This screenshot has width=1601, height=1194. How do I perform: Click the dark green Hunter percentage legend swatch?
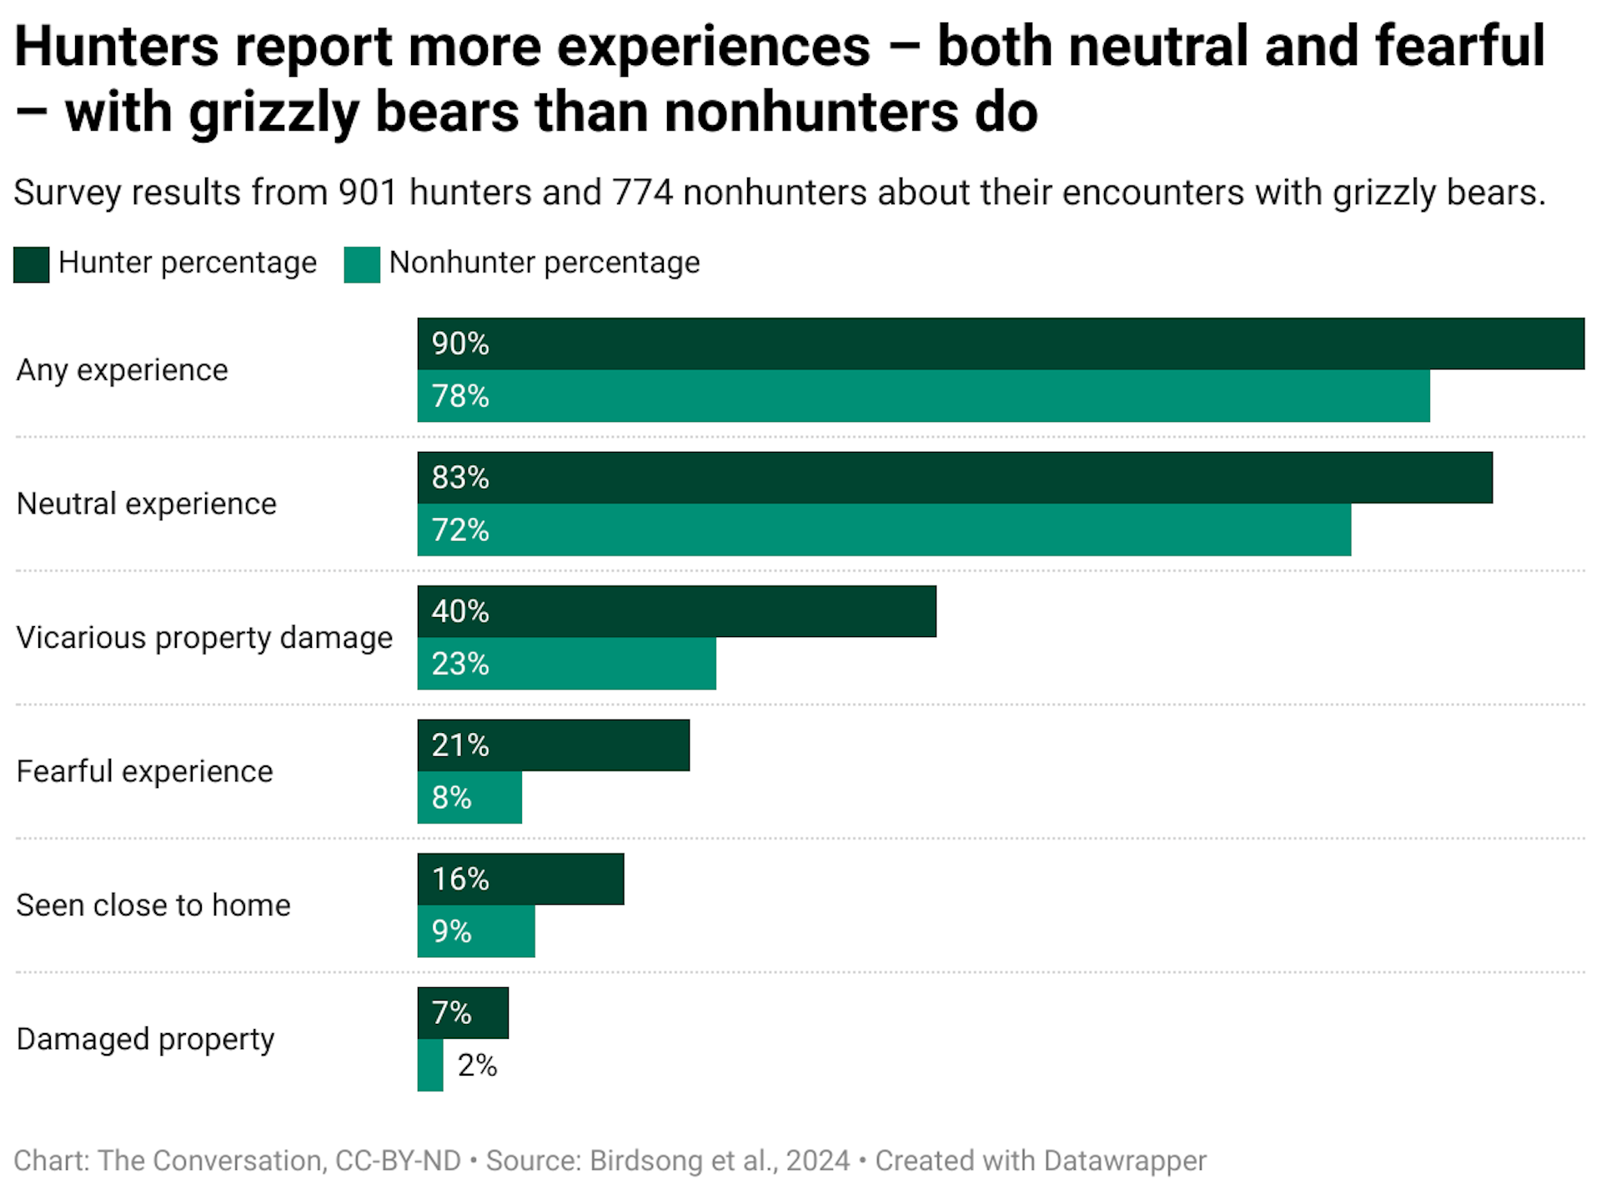32,264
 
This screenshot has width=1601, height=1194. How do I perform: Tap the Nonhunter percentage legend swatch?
362,264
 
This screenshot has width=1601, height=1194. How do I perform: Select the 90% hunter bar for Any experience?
1001,344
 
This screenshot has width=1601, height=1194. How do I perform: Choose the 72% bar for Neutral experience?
884,530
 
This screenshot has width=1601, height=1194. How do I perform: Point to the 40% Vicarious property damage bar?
676,611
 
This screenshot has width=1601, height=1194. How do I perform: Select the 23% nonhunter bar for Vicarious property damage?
566,664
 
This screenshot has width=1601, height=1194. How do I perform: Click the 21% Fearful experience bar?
553,745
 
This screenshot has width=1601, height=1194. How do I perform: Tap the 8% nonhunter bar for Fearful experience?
469,798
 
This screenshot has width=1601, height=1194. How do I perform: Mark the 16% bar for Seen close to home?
520,879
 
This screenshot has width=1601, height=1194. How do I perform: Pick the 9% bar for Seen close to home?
476,931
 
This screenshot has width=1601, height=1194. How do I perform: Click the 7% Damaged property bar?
463,1013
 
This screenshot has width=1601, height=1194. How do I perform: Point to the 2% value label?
477,1066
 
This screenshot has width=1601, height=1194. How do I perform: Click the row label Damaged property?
145,1040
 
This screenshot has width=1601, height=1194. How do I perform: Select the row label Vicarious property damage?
204,638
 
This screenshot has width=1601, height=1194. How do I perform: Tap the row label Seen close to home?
153,906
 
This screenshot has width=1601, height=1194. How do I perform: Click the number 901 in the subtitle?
367,193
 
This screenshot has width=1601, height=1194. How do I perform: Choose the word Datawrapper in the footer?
1124,1161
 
